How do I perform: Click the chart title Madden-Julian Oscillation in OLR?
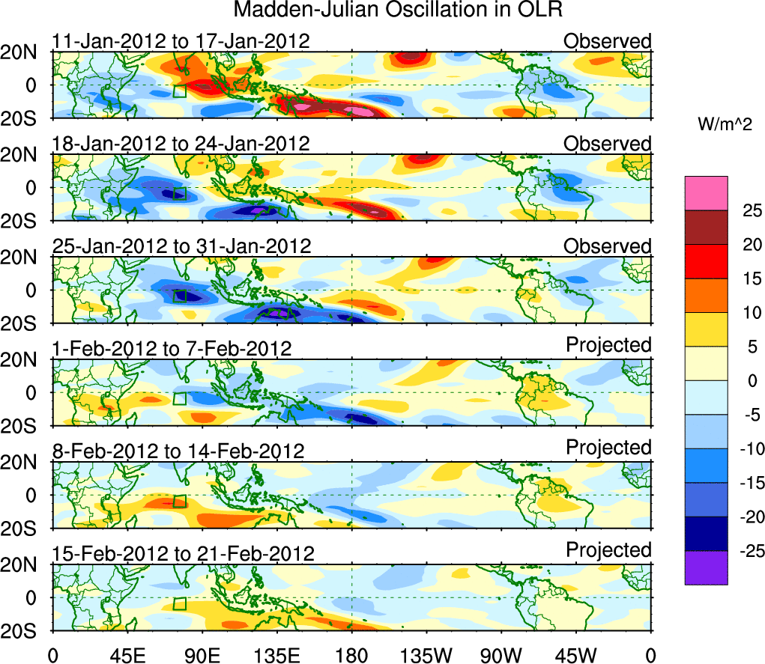tap(398, 10)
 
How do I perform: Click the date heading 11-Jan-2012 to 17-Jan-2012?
tap(181, 40)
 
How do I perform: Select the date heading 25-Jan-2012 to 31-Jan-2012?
tap(181, 246)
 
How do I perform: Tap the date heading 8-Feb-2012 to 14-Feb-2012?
tap(178, 451)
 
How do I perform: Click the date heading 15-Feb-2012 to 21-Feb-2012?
tap(183, 553)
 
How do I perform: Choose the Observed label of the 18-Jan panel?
tap(607, 143)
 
